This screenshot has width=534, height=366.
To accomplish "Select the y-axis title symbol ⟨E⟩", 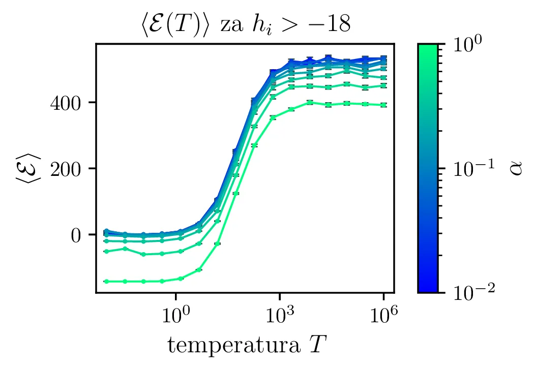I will point(23,168).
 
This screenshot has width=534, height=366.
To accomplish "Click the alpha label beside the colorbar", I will point(517,168).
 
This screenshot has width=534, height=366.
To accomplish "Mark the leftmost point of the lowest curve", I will point(105,281).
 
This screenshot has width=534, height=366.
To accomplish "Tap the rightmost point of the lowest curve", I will point(383,105).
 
